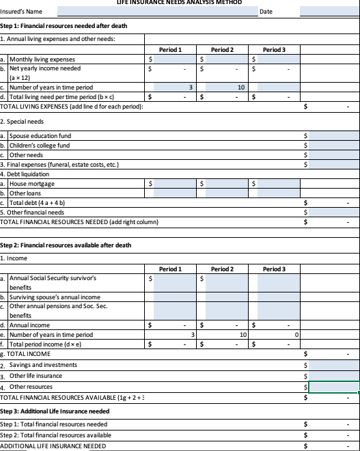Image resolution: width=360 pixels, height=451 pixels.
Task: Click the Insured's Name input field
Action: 157,12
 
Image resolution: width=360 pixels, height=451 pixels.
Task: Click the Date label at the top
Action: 266,12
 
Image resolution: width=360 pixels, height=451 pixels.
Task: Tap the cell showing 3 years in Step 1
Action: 174,87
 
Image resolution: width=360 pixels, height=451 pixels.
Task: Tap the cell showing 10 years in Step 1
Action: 226,87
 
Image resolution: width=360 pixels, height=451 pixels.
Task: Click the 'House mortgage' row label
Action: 31,184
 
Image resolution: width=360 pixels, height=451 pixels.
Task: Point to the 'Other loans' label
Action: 27,193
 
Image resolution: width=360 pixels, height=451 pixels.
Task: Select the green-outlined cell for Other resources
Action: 333,387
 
